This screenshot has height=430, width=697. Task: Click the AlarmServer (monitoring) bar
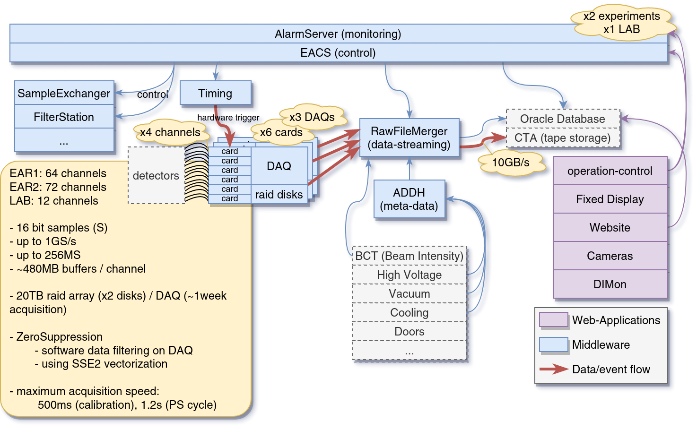[x=338, y=34]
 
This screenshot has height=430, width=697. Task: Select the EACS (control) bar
[x=338, y=53]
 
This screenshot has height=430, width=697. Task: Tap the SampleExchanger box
[x=64, y=93]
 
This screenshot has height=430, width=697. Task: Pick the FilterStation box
[x=64, y=117]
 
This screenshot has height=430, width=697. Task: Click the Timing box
[x=215, y=93]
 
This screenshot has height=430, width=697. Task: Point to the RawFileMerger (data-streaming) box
[x=409, y=138]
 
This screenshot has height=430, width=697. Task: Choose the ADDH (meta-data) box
[x=409, y=199]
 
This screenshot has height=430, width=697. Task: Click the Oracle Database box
[x=562, y=119]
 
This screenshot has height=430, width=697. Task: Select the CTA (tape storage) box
[x=562, y=138]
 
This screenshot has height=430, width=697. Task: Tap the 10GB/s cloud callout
[x=511, y=163]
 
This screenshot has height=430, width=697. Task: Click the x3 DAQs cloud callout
[x=312, y=117]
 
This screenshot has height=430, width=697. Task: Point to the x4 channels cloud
[x=170, y=132]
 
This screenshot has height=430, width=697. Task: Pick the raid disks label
[x=279, y=194]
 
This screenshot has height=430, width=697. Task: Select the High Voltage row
[x=409, y=275]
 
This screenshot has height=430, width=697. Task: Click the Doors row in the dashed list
[x=409, y=331]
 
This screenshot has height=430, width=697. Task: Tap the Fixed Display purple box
[x=610, y=199]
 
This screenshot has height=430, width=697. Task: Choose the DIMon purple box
[x=610, y=284]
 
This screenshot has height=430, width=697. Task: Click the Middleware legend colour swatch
[x=554, y=344]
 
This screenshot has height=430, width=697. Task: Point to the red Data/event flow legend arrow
[x=554, y=369]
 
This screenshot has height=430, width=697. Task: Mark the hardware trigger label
[x=228, y=118]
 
